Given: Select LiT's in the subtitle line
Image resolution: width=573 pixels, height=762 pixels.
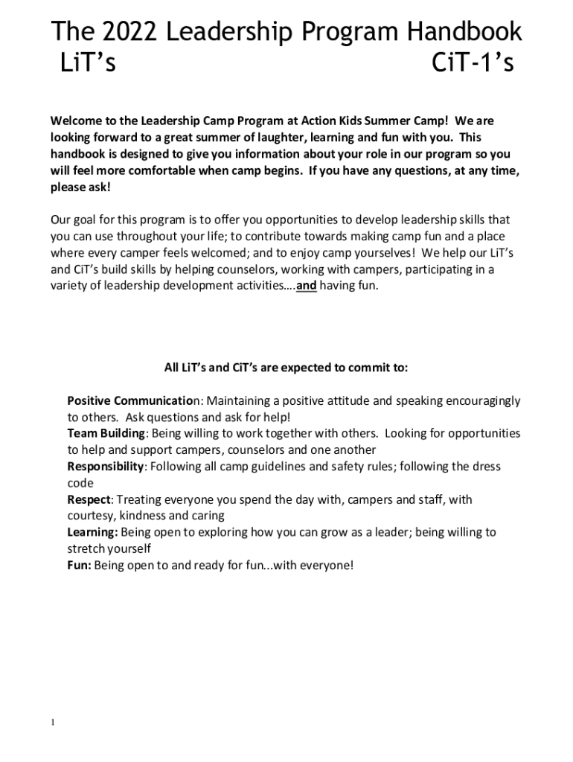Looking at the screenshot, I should pos(87,65).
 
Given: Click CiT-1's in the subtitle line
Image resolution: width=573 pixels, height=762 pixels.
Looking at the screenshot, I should pos(473,65).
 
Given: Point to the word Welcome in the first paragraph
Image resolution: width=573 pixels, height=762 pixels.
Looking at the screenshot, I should pos(76,121).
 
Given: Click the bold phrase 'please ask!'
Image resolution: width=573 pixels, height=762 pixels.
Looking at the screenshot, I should pos(80,187).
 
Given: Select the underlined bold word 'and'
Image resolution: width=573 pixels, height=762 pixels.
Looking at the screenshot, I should pos(307,286).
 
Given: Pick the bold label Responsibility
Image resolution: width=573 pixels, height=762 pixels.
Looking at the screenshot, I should pos(106,467).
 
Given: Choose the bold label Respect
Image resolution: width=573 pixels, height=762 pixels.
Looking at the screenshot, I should pos(89,499).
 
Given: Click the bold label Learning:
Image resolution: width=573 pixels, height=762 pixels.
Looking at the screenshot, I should pos(93,532).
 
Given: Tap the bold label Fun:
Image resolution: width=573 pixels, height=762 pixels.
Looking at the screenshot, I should pos(80,565).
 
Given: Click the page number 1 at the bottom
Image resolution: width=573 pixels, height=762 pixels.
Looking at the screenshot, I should pos(54,723).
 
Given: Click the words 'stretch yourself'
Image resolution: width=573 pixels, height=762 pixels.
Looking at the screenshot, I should pos(109,548).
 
